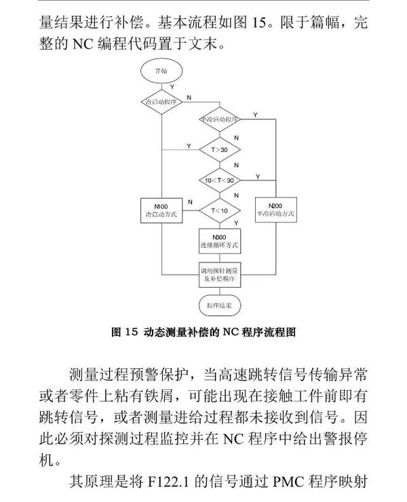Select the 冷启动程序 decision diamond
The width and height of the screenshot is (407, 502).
pyautogui.click(x=161, y=101)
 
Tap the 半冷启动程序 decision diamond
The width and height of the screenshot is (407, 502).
pyautogui.click(x=219, y=119)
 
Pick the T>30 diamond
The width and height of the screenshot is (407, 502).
pyautogui.click(x=219, y=147)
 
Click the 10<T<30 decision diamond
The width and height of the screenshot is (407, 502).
pyautogui.click(x=219, y=180)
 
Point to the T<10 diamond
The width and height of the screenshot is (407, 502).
pyautogui.click(x=219, y=211)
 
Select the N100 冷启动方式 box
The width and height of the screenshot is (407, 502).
pyautogui.click(x=161, y=210)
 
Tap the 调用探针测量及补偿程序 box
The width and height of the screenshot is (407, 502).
pyautogui.click(x=219, y=273)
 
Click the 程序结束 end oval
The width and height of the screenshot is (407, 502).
pyautogui.click(x=219, y=306)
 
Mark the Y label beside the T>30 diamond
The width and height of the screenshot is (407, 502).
pyautogui.click(x=189, y=146)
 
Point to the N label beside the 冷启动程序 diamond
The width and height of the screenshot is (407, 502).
pyautogui.click(x=189, y=98)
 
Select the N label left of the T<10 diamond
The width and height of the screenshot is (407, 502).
pyautogui.click(x=190, y=202)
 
